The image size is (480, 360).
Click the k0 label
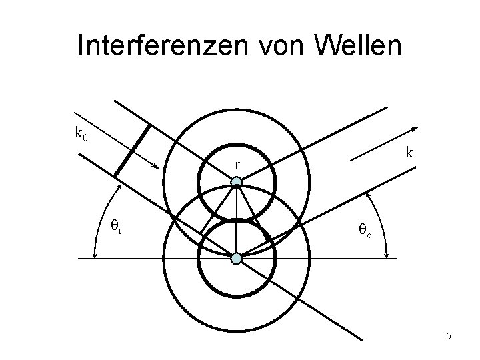coord(81,134)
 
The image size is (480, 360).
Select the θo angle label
coord(365,231)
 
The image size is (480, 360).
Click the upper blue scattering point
coord(236,181)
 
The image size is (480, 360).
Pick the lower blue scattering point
coord(236,257)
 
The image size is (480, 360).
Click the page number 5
coord(449,336)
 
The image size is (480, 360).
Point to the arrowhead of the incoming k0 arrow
coord(157,168)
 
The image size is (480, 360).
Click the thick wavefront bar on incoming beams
coord(132,151)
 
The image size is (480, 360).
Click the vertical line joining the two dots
coord(236,220)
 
